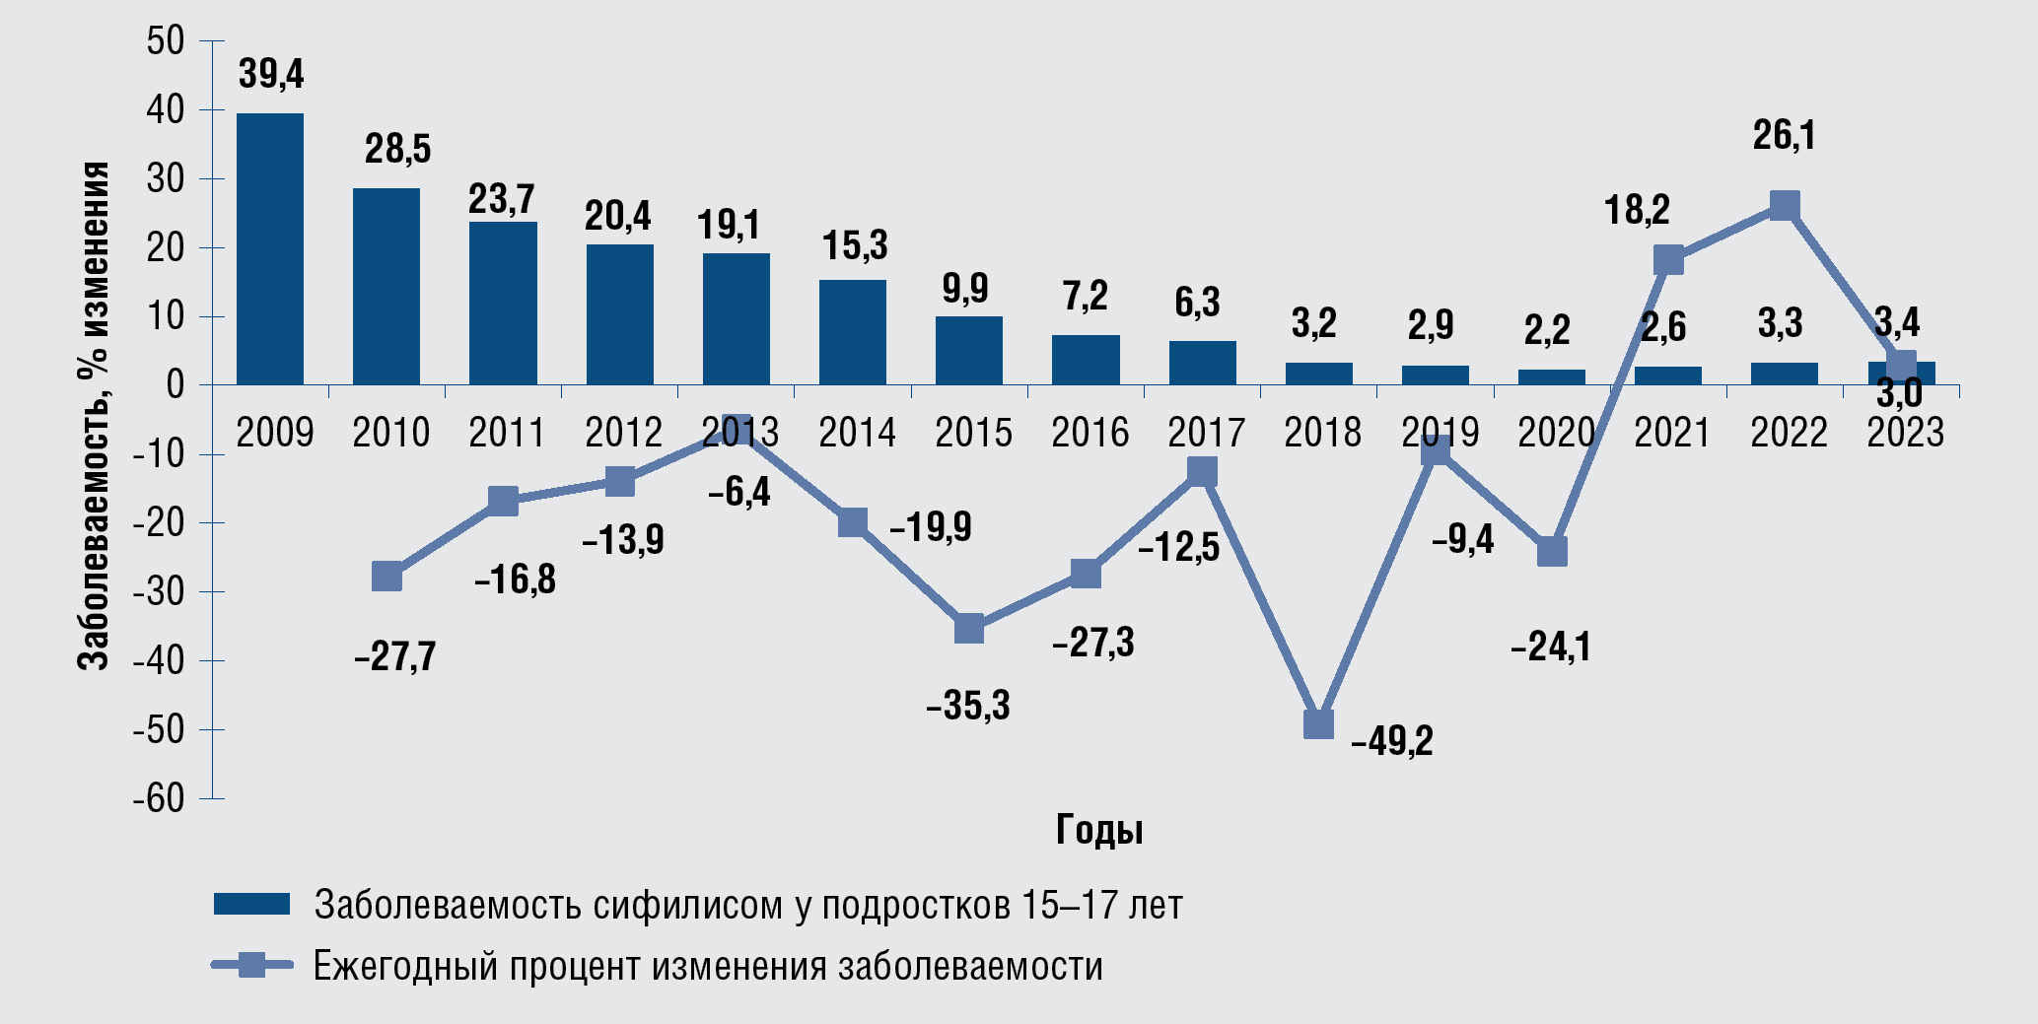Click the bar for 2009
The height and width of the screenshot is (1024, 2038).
270,248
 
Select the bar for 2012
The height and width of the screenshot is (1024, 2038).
619,314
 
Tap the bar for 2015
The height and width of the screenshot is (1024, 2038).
968,350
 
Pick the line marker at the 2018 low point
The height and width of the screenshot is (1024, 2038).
1318,724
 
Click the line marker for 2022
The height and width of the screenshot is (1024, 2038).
1784,206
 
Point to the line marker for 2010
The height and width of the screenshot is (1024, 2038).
387,577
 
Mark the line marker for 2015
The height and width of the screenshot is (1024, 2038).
969,628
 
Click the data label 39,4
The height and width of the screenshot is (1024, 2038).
271,74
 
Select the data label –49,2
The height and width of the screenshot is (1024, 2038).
1391,741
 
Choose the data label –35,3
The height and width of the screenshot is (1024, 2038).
968,706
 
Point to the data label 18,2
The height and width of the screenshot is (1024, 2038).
1637,210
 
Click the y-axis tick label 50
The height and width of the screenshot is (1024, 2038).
165,41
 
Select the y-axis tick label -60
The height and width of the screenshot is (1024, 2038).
159,798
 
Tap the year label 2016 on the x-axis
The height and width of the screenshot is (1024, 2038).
1089,433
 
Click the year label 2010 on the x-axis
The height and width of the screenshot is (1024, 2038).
390,433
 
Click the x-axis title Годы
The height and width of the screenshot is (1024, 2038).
1099,830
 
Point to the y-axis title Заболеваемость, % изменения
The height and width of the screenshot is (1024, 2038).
95,416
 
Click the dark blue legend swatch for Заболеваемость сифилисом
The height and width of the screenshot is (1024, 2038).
251,904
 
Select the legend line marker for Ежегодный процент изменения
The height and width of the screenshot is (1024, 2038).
252,965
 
